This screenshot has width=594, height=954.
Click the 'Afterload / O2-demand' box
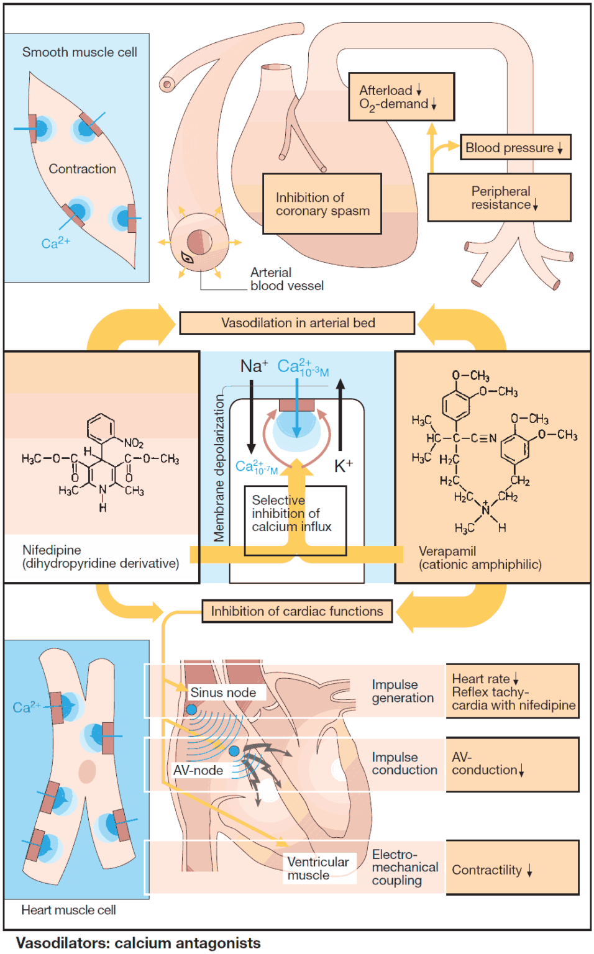click(x=401, y=97)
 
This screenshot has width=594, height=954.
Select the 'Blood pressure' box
click(x=514, y=148)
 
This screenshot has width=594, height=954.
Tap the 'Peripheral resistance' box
click(x=499, y=198)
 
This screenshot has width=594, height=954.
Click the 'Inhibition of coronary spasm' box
click(x=322, y=204)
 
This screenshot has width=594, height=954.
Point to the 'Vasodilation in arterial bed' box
click(x=297, y=323)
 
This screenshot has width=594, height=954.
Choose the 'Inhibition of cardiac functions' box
click(x=297, y=611)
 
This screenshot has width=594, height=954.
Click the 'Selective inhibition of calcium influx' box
click(x=295, y=519)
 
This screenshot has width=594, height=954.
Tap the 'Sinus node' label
click(x=223, y=693)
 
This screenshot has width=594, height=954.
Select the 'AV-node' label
click(x=198, y=770)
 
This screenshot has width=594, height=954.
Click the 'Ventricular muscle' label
click(x=318, y=868)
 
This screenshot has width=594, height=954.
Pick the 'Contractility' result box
click(x=511, y=869)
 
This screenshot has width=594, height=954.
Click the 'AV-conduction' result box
click(x=511, y=764)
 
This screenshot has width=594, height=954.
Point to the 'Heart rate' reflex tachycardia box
click(x=511, y=691)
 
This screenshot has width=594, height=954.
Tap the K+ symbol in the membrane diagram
click(x=343, y=466)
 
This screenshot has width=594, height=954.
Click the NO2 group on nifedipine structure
click(x=134, y=443)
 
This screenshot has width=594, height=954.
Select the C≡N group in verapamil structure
click(x=483, y=438)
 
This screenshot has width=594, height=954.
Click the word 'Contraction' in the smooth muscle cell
click(x=82, y=169)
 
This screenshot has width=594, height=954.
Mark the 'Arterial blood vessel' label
click(x=286, y=279)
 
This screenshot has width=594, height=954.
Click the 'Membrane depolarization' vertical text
click(x=218, y=468)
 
